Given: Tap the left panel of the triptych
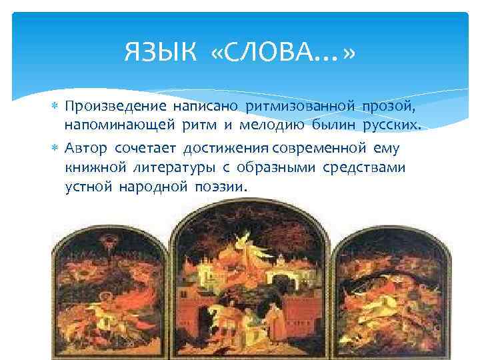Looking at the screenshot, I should coord(110,293).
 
